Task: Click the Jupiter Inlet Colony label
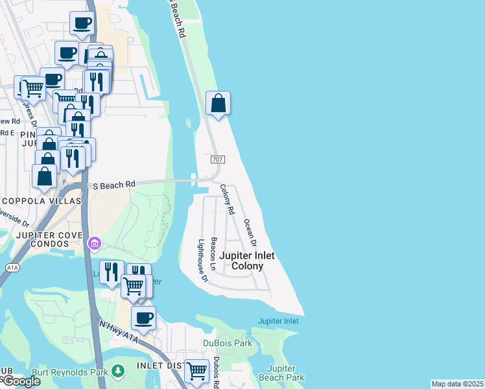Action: click(246, 261)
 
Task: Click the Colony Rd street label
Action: click(226, 199)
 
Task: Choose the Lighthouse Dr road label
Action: click(202, 261)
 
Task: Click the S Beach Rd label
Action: click(113, 185)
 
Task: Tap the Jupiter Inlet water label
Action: click(278, 321)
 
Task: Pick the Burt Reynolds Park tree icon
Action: click(118, 370)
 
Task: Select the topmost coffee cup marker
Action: click(82, 23)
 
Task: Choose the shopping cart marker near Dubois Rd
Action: click(196, 371)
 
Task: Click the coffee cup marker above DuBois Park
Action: click(143, 318)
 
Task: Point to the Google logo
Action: click(21, 381)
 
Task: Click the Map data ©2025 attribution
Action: click(457, 384)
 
